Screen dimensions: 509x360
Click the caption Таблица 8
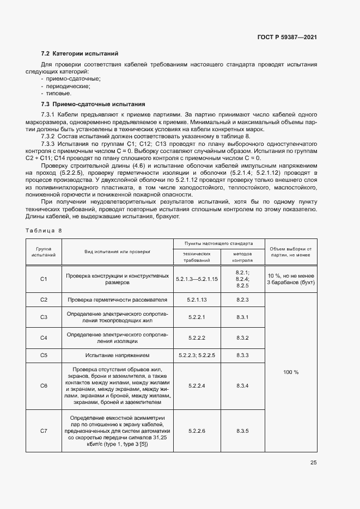(44, 230)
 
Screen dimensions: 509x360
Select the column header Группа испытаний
(44, 251)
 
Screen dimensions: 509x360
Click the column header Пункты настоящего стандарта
(218, 244)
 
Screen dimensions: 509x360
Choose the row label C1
(44, 279)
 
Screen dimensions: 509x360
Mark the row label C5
(44, 355)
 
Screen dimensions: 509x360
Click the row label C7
(44, 431)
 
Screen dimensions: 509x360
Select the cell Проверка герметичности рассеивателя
(117, 300)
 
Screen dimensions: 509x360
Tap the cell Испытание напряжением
(118, 355)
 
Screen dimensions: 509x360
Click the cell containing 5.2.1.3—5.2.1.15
(197, 279)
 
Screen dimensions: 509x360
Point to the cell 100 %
(291, 372)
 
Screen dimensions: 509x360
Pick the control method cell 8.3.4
(242, 385)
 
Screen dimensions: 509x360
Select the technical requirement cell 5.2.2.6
(197, 431)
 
